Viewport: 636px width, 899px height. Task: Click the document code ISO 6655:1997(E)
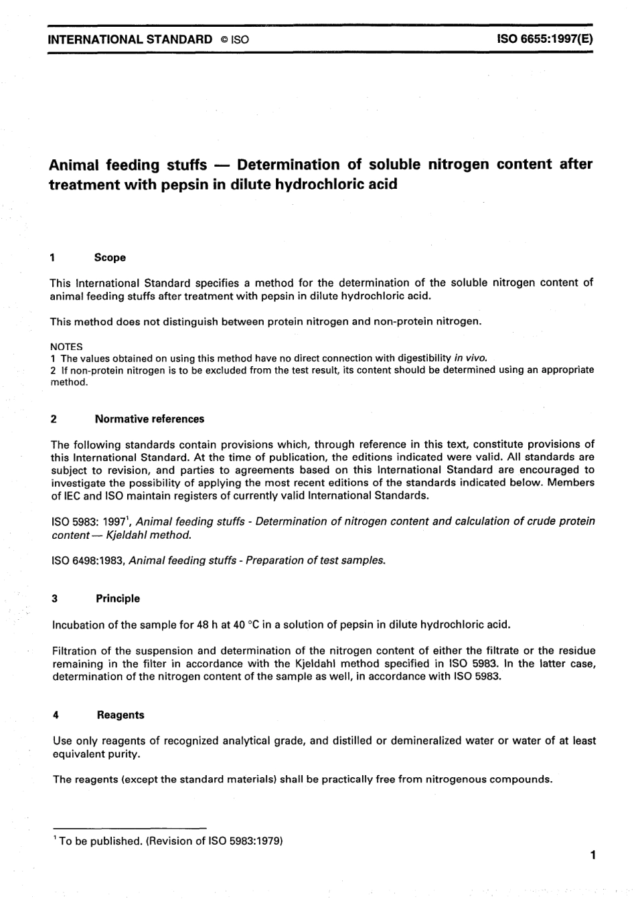coord(544,39)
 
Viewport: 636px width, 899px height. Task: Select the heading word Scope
coord(110,258)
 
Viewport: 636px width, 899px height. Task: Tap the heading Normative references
coord(149,419)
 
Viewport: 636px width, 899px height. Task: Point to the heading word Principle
coord(118,598)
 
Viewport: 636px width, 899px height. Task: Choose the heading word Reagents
coord(121,715)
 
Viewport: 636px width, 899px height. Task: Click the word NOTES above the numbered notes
coord(66,347)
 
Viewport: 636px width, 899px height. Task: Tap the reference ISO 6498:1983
coord(88,560)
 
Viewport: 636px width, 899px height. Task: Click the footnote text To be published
coord(100,841)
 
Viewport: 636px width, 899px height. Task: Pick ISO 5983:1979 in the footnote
coord(248,841)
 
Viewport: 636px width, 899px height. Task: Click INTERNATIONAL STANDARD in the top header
coord(130,39)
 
